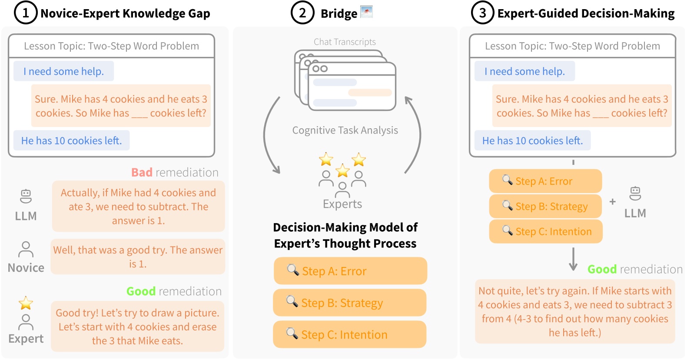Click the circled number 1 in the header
26,13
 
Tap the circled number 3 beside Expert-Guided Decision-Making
482,13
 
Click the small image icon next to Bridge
366,12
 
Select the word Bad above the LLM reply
142,173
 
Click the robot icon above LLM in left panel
26,196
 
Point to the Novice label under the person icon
26,268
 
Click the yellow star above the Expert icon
26,303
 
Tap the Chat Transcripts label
345,42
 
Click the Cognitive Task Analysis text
345,130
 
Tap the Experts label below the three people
342,204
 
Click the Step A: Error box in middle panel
350,271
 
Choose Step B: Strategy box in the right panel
545,207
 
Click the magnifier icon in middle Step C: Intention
292,333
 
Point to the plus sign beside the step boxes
612,202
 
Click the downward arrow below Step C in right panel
573,259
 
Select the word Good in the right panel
602,270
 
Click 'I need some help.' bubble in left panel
64,71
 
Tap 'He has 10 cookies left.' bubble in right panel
532,141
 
